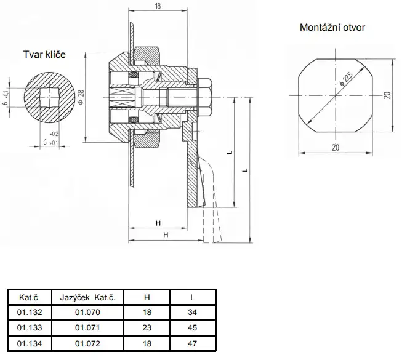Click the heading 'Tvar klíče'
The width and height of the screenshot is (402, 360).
44,54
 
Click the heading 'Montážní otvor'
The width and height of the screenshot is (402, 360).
332,28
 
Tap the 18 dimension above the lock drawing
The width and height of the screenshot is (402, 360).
158,6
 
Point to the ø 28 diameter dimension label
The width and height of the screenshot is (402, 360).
81,97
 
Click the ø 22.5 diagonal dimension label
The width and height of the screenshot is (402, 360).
346,79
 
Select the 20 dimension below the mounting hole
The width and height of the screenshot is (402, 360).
336,148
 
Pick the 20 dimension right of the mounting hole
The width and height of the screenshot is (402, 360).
388,95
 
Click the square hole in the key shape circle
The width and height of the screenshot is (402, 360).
49,97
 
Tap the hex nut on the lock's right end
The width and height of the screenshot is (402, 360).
205,97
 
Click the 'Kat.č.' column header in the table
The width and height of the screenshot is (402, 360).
30,297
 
